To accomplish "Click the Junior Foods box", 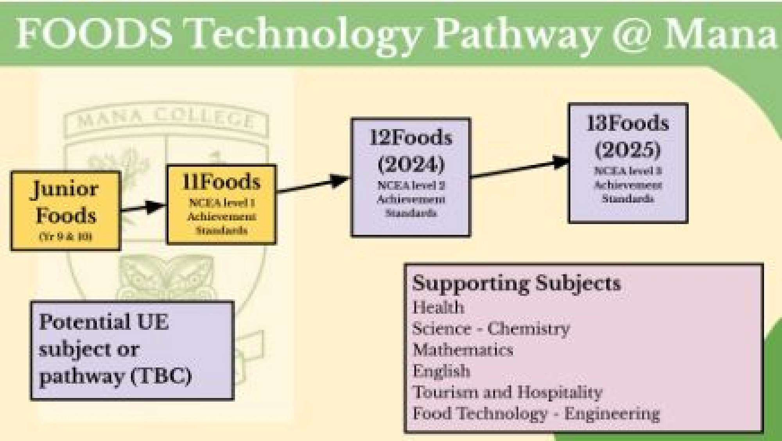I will [65, 210].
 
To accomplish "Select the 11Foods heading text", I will [221, 182].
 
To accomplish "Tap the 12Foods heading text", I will [411, 138].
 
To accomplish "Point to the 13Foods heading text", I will [628, 124].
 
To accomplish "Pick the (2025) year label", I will [628, 149].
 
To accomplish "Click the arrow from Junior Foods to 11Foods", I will [143, 208].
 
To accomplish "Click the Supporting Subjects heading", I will [517, 283].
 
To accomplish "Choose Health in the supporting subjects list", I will [438, 307].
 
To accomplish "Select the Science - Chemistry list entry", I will [491, 329].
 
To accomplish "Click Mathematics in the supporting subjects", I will [463, 350].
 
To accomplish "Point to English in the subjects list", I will [441, 371].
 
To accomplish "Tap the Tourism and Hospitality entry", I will [508, 392].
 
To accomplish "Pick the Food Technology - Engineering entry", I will [536, 414].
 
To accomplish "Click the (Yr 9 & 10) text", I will [65, 237].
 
